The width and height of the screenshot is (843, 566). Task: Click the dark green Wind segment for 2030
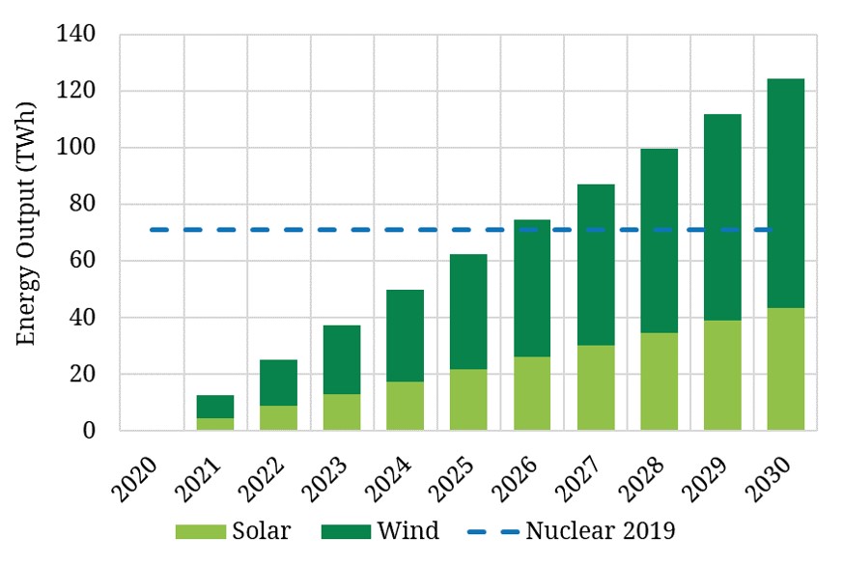pos(785,193)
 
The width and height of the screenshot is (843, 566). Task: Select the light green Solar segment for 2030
pos(785,369)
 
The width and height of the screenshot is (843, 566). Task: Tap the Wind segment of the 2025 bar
pos(468,311)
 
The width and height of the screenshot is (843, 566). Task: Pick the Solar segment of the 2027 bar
pos(596,387)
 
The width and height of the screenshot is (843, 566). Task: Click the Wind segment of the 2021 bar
pos(215,406)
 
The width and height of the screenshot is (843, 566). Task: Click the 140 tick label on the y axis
pos(75,35)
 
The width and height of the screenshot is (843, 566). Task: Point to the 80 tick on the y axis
pos(83,205)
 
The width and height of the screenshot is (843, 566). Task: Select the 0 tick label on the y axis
pos(90,431)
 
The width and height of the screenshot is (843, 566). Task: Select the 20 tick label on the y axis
pos(83,375)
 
